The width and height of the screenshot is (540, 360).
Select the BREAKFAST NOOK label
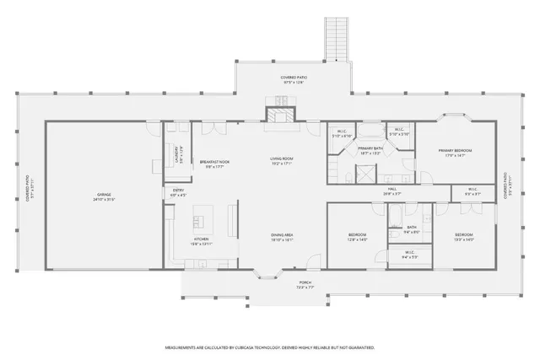click(x=215, y=163)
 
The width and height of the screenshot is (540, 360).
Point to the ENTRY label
click(x=179, y=191)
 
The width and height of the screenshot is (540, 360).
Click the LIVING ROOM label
click(x=281, y=159)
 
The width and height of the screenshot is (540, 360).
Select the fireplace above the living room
click(x=279, y=116)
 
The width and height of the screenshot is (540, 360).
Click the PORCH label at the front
click(x=305, y=283)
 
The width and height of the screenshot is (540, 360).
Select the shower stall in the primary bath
click(x=365, y=175)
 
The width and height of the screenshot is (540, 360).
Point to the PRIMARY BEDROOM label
click(x=455, y=151)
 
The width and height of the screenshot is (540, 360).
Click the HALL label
click(x=391, y=190)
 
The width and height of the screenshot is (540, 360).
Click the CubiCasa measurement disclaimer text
click(x=269, y=347)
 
